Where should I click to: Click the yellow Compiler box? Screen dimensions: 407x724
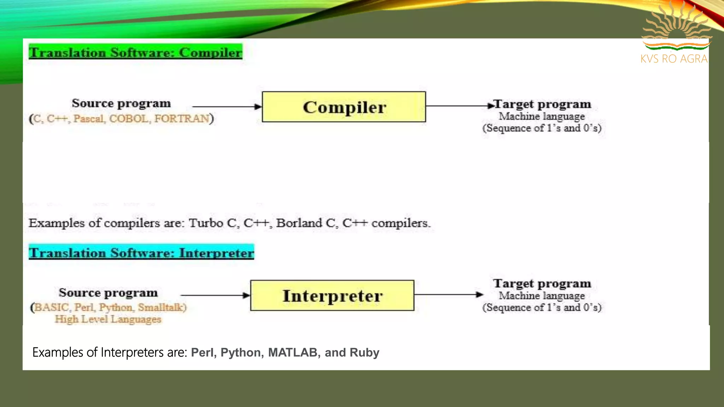click(344, 107)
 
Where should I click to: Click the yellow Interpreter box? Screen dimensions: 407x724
click(332, 296)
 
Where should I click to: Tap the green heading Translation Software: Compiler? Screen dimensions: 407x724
click(135, 52)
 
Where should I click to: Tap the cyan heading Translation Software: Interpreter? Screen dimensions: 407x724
click(141, 253)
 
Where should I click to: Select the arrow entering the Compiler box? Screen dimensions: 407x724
click(227, 106)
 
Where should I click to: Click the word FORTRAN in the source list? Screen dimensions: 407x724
click(182, 119)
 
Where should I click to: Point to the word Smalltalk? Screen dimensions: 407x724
click(161, 307)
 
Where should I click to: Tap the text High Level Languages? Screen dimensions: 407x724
click(108, 319)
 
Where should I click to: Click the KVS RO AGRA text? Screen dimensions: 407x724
click(674, 59)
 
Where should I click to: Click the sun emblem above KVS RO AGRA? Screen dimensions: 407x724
click(677, 26)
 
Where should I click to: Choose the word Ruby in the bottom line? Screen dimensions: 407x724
click(364, 353)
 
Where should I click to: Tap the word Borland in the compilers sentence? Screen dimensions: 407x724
click(299, 223)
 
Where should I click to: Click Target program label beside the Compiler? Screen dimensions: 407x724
click(542, 104)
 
